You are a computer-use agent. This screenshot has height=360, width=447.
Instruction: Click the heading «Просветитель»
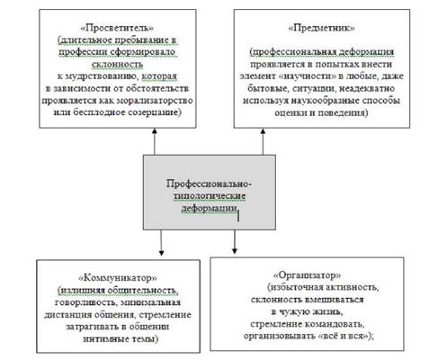[118, 28]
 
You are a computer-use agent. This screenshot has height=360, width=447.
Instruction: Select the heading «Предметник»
[322, 28]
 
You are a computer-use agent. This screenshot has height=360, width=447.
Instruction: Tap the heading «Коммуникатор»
[118, 278]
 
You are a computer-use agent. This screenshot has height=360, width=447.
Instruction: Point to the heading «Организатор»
[307, 274]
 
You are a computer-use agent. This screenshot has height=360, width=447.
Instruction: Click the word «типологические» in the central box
[210, 196]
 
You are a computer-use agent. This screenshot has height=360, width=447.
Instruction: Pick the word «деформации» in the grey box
[209, 208]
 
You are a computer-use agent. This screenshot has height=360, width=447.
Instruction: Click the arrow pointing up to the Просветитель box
[155, 141]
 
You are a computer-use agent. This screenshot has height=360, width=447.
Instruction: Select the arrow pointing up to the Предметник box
[263, 141]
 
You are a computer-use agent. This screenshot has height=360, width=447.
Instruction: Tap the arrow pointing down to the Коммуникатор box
[161, 243]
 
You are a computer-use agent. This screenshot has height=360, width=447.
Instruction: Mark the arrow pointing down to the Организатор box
[235, 242]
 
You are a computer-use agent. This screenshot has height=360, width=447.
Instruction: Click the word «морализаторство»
[155, 100]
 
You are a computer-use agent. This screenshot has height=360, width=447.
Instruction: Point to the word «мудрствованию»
[103, 76]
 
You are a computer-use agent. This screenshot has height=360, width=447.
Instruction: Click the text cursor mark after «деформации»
[238, 216]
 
